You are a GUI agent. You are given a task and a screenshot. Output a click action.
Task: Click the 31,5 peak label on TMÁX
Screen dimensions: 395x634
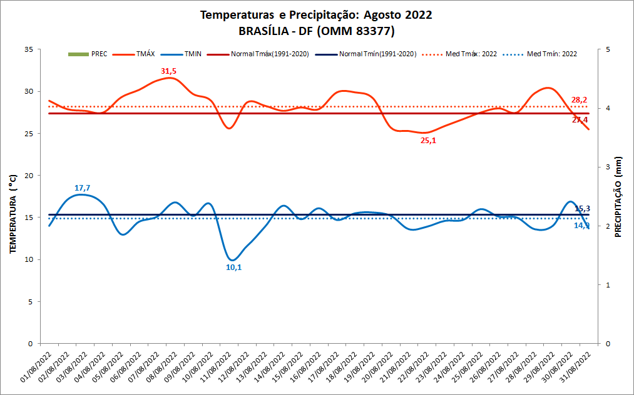tap(168, 71)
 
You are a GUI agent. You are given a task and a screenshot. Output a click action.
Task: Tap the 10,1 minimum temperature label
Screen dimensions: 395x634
tap(233, 267)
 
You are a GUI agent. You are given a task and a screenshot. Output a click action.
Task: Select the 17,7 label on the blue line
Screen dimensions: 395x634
tap(83, 188)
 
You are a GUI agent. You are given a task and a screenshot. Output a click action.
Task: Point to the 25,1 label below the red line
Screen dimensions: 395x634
tap(428, 141)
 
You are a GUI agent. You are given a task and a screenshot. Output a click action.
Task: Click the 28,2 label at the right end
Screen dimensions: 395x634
tap(579, 100)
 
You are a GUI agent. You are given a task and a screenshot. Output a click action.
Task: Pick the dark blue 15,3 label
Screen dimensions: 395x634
tap(582, 208)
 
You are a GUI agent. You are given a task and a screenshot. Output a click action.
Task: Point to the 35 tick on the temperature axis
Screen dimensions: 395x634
tap(28, 49)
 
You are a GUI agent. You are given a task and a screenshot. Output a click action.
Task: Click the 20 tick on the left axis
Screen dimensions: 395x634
tap(28, 176)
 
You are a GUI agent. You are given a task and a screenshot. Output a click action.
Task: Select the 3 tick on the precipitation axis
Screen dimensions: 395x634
tap(607, 167)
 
